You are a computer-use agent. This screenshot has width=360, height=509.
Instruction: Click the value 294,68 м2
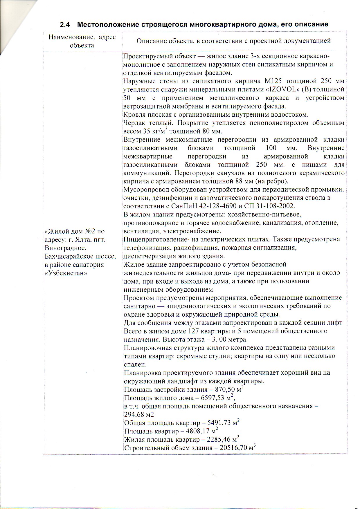(139, 414)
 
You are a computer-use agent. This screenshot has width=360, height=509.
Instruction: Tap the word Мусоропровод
(146, 189)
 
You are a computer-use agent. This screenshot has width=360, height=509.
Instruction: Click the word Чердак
(134, 122)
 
